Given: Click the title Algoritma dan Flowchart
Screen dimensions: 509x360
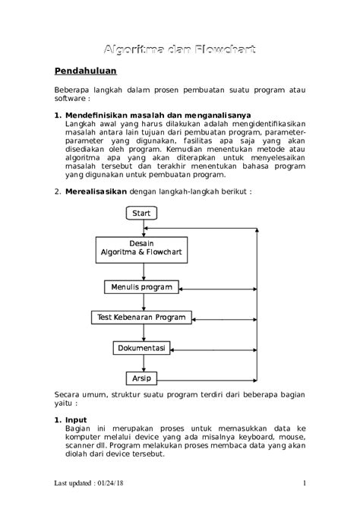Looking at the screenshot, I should click(179, 49).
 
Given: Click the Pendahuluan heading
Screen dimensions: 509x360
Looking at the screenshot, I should click(84, 73).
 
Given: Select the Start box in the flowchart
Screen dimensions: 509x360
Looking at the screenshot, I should click(141, 213).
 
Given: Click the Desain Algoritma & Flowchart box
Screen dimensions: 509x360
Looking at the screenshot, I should click(142, 249).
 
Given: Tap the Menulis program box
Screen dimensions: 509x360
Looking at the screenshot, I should click(142, 287).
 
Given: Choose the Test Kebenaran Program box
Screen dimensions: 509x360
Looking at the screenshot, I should click(142, 317).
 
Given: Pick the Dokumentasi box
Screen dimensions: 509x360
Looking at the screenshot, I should click(141, 348).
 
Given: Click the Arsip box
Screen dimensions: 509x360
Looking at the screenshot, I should click(141, 378).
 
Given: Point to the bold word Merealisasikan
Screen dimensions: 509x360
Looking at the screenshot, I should click(96, 192).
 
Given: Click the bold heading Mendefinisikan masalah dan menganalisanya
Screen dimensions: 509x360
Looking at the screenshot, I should click(147, 115).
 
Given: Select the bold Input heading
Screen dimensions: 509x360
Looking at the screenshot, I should click(76, 420).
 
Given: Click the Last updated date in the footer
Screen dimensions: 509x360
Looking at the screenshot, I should click(89, 483).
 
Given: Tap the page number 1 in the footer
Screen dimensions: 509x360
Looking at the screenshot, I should click(304, 483).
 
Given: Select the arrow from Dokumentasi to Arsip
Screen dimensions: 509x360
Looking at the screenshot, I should click(142, 363).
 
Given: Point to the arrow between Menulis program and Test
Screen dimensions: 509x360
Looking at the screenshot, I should click(142, 302).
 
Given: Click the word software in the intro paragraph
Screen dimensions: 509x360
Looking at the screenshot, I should click(69, 99).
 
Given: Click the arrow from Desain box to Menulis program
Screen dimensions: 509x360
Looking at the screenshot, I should click(142, 270).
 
